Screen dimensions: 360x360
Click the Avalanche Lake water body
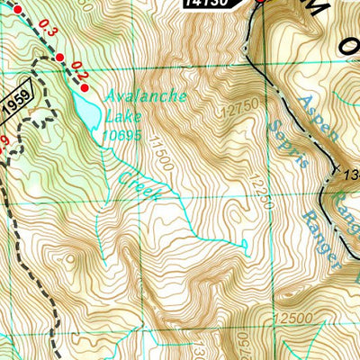[x=85, y=112]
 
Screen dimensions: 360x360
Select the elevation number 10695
[x=122, y=135]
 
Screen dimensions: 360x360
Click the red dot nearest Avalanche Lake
[x=85, y=86]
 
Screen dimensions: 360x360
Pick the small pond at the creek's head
[x=245, y=243]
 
